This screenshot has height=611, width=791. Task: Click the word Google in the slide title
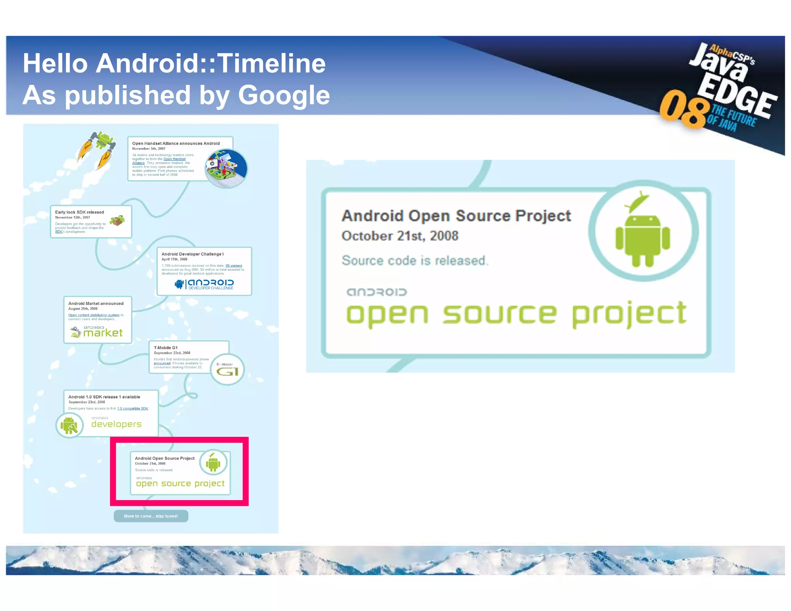(284, 95)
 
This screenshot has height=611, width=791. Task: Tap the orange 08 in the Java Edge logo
(683, 109)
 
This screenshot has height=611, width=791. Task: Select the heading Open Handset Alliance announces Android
(176, 143)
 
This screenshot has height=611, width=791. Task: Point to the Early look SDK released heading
(79, 212)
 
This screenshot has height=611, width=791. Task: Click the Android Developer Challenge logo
(205, 284)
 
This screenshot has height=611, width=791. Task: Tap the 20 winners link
(234, 266)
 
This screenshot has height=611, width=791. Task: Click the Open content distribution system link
(94, 315)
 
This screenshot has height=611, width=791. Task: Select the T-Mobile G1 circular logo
(227, 369)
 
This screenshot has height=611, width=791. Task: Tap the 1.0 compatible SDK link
(132, 409)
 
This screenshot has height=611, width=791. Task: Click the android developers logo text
(116, 423)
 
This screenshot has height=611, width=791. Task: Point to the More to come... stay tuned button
(151, 516)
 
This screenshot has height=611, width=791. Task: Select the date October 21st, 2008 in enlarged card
(400, 236)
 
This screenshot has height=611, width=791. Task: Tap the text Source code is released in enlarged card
(415, 261)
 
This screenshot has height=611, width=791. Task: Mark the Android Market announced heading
(96, 304)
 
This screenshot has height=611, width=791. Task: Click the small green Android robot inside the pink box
(213, 463)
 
